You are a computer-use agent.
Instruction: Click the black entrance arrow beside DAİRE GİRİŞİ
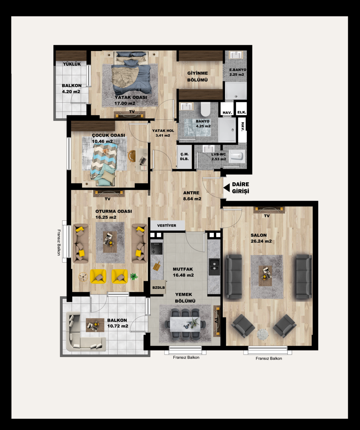click(x=226, y=188)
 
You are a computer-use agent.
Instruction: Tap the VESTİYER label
click(x=167, y=226)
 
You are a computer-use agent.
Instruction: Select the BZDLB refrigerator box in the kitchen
click(x=158, y=287)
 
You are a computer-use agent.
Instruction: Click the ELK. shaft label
click(x=242, y=112)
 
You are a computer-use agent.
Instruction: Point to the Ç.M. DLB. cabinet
click(x=184, y=156)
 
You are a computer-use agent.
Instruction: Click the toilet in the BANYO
click(x=205, y=109)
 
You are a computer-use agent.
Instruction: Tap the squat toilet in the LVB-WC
click(x=236, y=157)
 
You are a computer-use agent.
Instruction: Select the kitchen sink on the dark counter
click(x=214, y=266)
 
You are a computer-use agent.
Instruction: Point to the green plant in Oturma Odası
click(x=134, y=276)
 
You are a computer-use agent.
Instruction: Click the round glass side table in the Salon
click(x=263, y=334)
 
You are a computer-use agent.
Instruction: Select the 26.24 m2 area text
click(x=261, y=241)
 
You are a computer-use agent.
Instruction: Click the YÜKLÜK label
click(x=72, y=64)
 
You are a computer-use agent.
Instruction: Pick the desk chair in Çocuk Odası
click(x=132, y=156)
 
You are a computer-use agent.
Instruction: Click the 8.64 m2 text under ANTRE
click(x=192, y=199)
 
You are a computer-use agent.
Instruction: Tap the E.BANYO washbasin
click(x=236, y=55)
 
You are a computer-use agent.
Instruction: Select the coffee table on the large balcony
click(x=95, y=325)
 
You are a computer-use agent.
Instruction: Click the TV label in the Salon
click(x=267, y=216)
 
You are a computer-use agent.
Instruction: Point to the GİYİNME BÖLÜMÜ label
click(x=198, y=76)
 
